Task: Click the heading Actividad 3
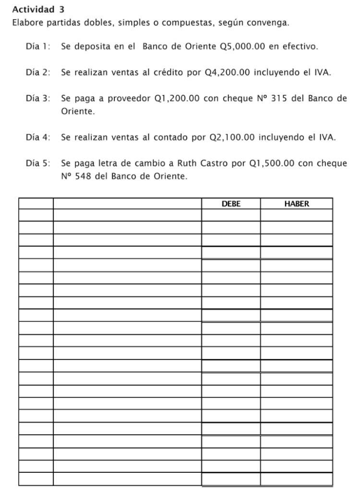38,9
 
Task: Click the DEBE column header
231,204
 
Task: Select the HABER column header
296,204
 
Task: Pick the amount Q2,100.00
233,138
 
